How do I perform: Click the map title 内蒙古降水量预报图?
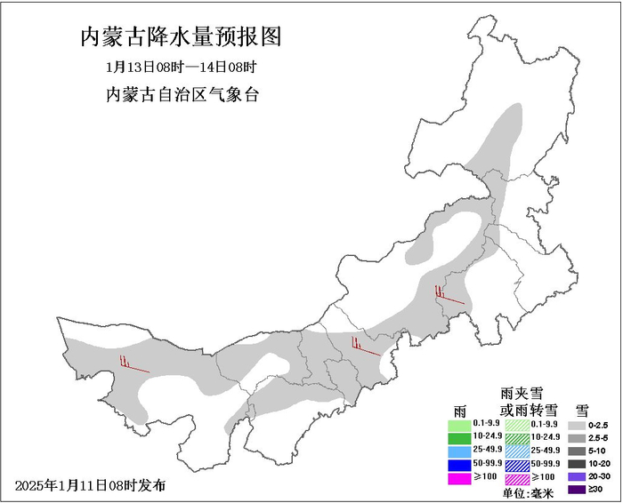[x=181, y=37]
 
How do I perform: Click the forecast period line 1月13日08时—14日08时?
[x=181, y=67]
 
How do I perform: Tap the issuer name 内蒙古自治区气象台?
[x=182, y=94]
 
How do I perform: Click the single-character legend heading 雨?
[x=459, y=410]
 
